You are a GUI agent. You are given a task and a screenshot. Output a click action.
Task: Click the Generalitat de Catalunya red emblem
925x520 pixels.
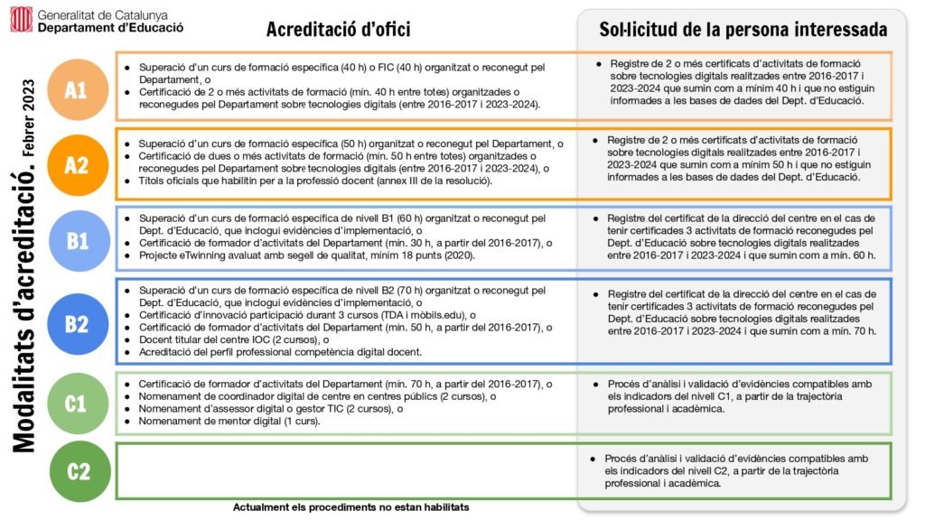pos(22,19)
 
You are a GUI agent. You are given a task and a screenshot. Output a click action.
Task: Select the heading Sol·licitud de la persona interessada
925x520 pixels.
pos(743,30)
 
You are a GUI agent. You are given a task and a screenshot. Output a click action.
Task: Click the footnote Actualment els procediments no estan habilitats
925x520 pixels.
pos(350,507)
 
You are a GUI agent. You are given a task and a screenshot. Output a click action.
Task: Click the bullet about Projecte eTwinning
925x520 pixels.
pos(307,255)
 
